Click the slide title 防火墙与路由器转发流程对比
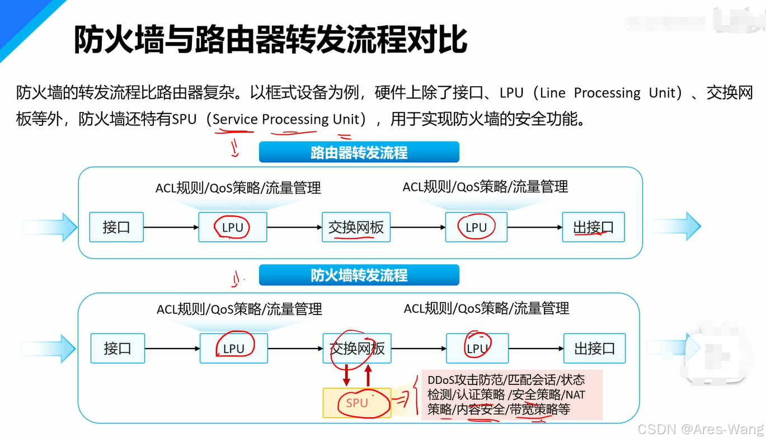(270, 39)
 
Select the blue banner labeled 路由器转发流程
(359, 152)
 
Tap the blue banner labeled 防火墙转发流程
(359, 275)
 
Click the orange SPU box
(357, 403)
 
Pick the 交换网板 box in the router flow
(356, 227)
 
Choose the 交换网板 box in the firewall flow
(357, 349)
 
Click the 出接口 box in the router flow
(593, 227)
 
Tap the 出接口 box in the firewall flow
(594, 349)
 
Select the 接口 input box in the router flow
(116, 227)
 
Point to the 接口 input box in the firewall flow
(118, 349)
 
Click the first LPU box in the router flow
(233, 227)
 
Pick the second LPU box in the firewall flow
(477, 349)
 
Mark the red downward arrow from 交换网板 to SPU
(346, 375)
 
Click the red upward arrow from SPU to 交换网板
(368, 375)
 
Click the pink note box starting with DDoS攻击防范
(511, 394)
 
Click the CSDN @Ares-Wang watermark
(701, 429)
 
